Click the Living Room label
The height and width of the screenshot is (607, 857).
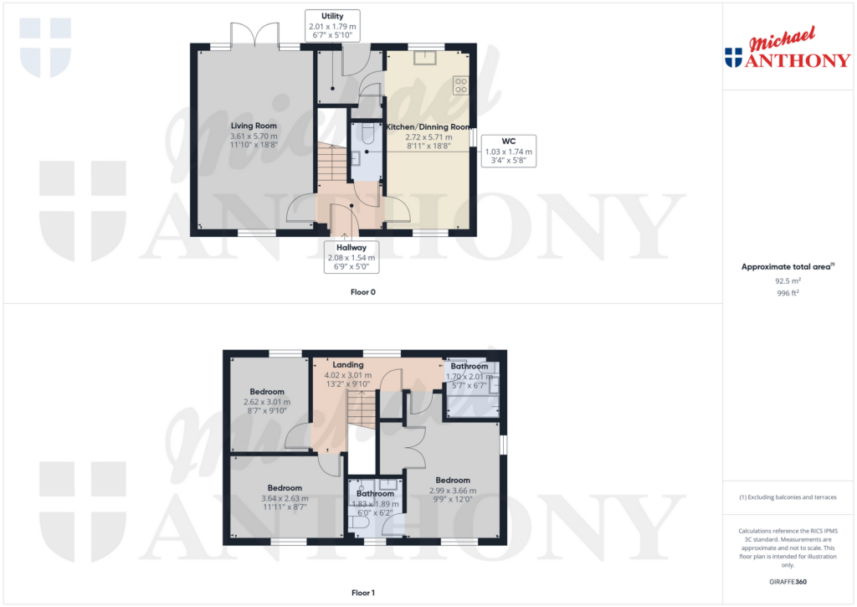click(254, 126)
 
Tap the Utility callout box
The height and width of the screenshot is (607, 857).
click(332, 26)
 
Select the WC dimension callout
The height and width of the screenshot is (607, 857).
click(508, 151)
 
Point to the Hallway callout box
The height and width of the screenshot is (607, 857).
click(352, 257)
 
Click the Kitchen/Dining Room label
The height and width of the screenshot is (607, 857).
click(428, 127)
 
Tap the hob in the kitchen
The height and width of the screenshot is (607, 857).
click(461, 85)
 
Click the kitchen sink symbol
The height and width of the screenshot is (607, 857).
click(424, 58)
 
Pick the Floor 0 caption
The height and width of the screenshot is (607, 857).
click(363, 292)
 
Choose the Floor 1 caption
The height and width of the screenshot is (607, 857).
click(363, 593)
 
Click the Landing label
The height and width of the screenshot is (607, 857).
click(348, 365)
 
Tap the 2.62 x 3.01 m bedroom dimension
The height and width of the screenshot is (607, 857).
click(267, 402)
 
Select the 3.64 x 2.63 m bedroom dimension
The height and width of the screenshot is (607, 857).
click(285, 498)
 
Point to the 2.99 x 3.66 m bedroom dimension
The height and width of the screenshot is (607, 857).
click(453, 491)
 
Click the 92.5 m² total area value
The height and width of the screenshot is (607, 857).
click(788, 280)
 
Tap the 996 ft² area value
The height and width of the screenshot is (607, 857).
click(788, 293)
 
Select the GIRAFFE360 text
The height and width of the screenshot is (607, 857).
click(788, 582)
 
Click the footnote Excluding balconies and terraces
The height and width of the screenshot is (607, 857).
click(788, 497)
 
